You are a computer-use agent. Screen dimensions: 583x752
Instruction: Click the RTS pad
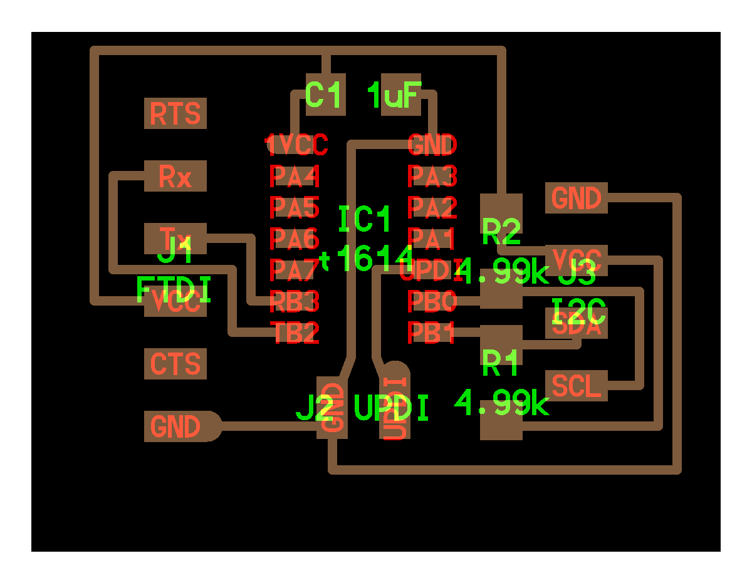pos(175,114)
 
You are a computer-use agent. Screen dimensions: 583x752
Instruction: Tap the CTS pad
pos(175,364)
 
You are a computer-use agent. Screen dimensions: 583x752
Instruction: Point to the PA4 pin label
pos(295,176)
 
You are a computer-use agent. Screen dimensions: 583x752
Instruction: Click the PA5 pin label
pos(295,207)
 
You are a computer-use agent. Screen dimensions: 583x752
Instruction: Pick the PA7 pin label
pos(295,271)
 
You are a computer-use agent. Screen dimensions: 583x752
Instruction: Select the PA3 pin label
pos(432,176)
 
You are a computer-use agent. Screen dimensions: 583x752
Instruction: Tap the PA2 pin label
pos(432,207)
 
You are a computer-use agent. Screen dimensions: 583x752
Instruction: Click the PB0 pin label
pos(432,302)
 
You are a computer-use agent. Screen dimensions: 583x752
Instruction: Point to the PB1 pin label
pos(432,333)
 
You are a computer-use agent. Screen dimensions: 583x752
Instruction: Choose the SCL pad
pos(577,386)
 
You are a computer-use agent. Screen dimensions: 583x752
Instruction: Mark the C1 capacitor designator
pos(325,95)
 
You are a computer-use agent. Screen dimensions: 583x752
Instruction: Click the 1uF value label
pos(394,96)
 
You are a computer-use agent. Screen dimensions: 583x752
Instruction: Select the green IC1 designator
pos(365,220)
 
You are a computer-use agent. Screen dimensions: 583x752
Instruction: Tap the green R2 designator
pos(502,233)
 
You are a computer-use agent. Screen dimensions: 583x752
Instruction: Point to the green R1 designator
pos(502,363)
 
